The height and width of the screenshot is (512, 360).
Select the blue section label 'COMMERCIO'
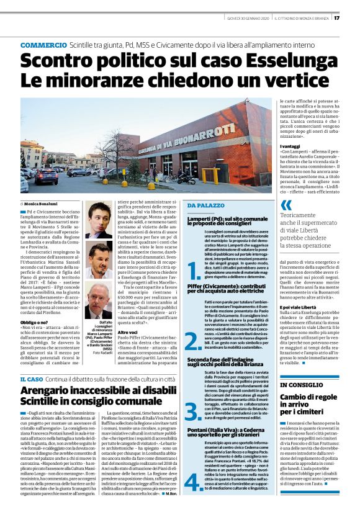coord(44,46)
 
